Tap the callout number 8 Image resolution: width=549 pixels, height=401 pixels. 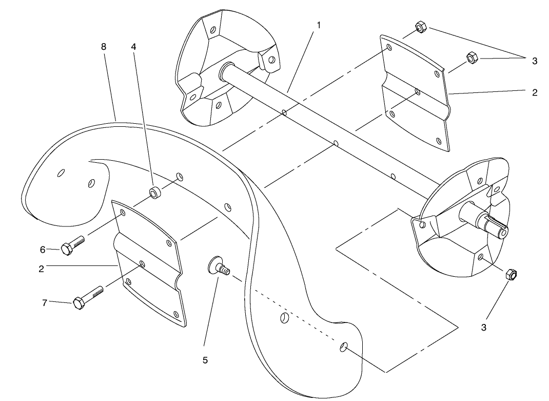point(104,46)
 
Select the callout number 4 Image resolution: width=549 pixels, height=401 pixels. point(133,46)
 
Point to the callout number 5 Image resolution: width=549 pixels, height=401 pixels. point(205,360)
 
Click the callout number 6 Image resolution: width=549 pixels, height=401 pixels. point(43,250)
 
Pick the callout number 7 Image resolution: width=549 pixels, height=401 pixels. point(45,303)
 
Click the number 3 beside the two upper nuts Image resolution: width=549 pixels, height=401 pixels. point(534,61)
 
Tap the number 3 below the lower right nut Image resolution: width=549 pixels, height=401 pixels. point(483,328)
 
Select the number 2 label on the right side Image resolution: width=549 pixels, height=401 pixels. point(534,93)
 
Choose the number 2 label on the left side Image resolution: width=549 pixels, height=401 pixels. point(41,268)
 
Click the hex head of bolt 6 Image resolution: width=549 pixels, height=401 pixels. point(66,249)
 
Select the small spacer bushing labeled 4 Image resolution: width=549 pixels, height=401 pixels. point(154,193)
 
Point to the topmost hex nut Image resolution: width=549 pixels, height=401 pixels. point(419,27)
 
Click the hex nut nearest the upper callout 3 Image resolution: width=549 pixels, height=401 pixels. point(470,58)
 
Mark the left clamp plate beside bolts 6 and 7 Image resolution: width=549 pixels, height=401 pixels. point(149,262)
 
